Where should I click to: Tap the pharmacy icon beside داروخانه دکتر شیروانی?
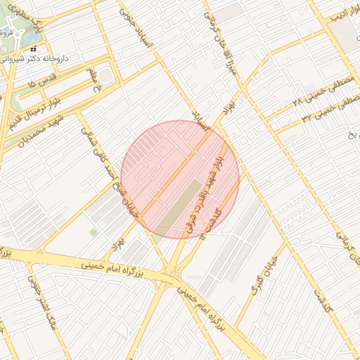(34, 49)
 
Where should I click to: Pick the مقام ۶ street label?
(92, 80)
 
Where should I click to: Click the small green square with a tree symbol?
(94, 231)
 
